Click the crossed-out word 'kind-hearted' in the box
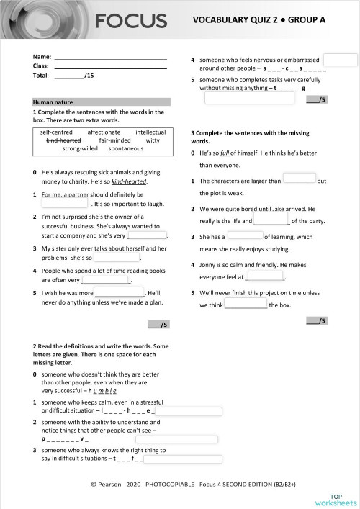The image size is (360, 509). point(63,140)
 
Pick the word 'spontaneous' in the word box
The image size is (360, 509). point(127,149)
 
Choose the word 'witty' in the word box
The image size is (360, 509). point(153,140)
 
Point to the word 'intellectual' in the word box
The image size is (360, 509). point(150,132)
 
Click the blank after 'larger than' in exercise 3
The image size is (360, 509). point(299,180)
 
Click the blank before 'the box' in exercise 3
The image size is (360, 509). point(246,305)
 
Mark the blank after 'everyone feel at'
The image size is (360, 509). point(266,276)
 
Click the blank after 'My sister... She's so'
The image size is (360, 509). point(117,256)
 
